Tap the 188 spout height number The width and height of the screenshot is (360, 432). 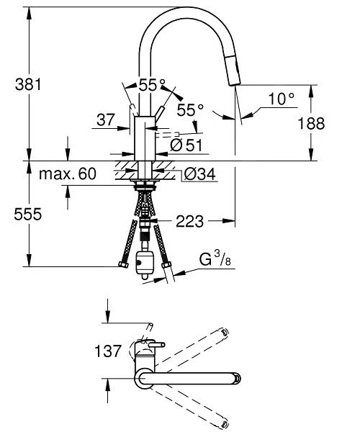click(331, 123)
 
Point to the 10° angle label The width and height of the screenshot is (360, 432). click(282, 98)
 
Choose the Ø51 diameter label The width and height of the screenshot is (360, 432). click(185, 145)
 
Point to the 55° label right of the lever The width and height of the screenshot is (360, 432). click(191, 110)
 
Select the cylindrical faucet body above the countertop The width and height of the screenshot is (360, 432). click(146, 140)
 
